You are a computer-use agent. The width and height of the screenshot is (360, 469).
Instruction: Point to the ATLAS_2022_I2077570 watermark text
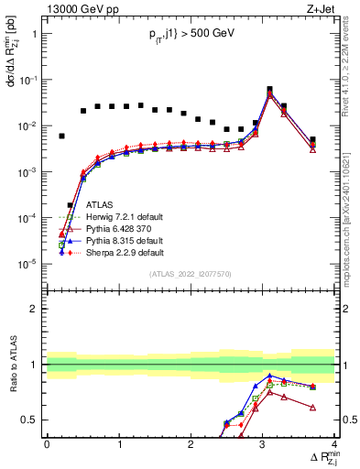tap(191, 273)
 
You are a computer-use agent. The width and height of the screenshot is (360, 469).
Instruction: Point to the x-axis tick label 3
tap(263, 444)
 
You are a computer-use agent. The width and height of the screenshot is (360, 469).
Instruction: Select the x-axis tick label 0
tap(47, 444)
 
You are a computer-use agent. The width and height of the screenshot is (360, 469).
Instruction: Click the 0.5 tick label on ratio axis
tap(31, 420)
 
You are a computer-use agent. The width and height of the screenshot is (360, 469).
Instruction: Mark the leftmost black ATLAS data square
tap(61, 136)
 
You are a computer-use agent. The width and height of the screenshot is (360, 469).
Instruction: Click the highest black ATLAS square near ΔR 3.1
tap(269, 90)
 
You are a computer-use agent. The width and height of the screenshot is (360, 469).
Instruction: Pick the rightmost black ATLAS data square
tap(313, 140)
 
